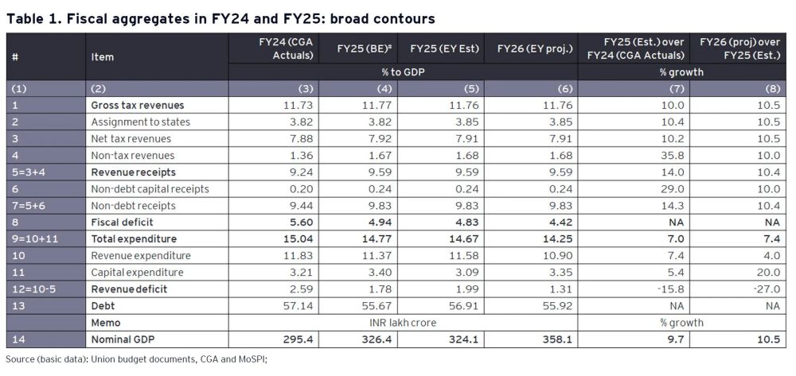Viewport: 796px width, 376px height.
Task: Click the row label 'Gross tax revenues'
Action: [138, 105]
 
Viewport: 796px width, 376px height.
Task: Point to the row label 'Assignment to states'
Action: [141, 122]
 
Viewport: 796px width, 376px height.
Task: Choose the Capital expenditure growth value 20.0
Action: [770, 272]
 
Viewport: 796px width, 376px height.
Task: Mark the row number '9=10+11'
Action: [33, 238]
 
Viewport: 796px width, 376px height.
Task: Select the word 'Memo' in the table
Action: [106, 323]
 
